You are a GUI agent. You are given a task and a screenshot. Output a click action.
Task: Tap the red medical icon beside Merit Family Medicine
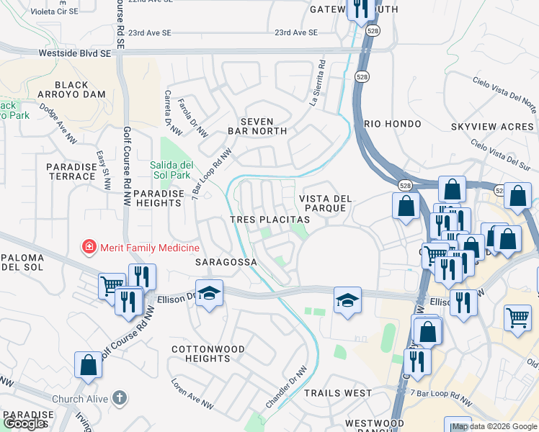click(x=89, y=248)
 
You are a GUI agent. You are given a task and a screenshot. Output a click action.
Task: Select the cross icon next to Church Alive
click(x=120, y=398)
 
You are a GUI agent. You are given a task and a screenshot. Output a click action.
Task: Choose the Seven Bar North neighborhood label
click(x=257, y=126)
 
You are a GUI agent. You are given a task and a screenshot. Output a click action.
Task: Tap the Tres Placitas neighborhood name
click(x=269, y=219)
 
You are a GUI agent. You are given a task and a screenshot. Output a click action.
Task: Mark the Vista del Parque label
click(x=326, y=203)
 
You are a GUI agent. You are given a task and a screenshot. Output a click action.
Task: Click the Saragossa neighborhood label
click(x=226, y=263)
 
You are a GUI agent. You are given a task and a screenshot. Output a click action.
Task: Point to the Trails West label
click(x=338, y=393)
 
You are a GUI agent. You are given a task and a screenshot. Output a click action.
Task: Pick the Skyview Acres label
click(x=492, y=127)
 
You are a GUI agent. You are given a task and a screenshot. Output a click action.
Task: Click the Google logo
click(x=24, y=423)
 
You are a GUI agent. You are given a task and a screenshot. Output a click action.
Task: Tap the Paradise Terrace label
click(x=71, y=171)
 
